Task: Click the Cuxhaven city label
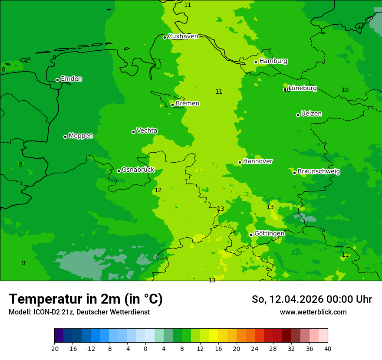pos(183,36)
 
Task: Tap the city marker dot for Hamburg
pos(256,62)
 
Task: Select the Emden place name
pos(71,79)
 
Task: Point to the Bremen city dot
pos(172,105)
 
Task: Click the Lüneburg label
pos(303,88)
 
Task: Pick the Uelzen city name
pos(311,114)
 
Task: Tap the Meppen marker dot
pos(66,137)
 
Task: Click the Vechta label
pos(147,131)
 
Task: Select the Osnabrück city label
pos(138,170)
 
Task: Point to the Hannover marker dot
pos(240,163)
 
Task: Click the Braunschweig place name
pos(319,172)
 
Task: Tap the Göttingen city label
pos(269,234)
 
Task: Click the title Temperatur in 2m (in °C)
pos(86,299)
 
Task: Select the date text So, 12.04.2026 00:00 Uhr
pos(312,299)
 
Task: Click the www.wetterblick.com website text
pos(313,312)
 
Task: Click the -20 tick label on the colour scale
pos(54,348)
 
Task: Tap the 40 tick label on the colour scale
pos(328,348)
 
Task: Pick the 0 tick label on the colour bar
pos(145,348)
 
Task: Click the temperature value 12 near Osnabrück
pos(158,190)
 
